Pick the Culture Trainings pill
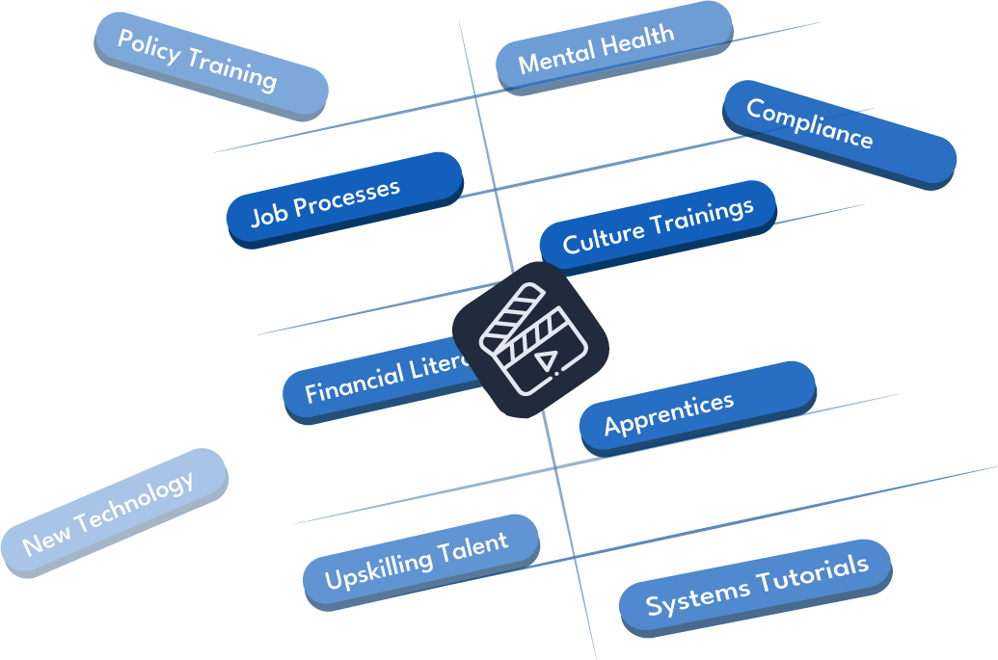pos(657,225)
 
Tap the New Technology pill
pos(114,513)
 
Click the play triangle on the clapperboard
pos(546,362)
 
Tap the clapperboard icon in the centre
pos(530,339)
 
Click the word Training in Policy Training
pos(232,70)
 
